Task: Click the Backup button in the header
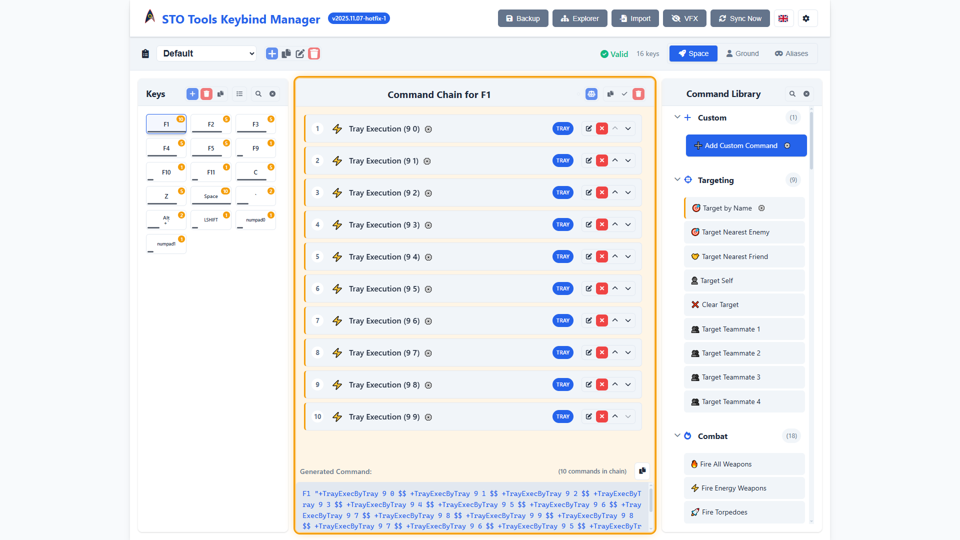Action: click(x=522, y=18)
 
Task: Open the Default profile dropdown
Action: click(x=206, y=53)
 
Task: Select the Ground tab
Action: click(x=742, y=53)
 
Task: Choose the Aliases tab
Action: click(x=791, y=53)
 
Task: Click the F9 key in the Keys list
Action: click(x=255, y=148)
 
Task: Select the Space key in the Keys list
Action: click(x=211, y=196)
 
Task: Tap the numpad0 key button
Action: click(x=255, y=220)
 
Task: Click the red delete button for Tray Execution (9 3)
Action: click(x=602, y=224)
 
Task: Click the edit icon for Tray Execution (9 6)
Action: click(x=589, y=320)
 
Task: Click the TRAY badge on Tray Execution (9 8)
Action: click(x=563, y=384)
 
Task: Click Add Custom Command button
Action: click(x=746, y=145)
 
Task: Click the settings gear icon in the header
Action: click(x=806, y=18)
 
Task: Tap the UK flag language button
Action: click(x=783, y=18)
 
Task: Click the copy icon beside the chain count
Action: click(x=642, y=470)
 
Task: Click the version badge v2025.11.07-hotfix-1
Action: click(x=359, y=18)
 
